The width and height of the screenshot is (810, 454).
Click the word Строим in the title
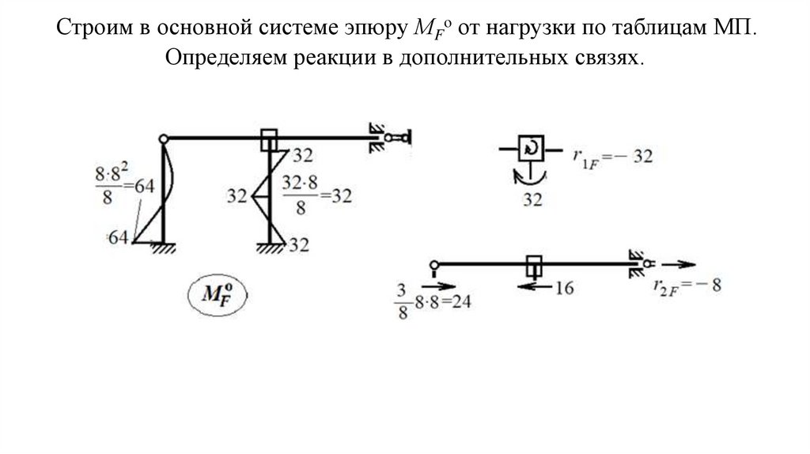coord(94,29)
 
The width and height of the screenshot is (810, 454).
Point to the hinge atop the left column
coord(164,139)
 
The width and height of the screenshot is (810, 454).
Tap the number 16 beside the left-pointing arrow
coord(563,287)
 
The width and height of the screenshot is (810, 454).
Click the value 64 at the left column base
coord(119,237)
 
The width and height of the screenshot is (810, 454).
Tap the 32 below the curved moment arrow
coord(532,200)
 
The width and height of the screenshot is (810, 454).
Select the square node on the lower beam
coord(535,264)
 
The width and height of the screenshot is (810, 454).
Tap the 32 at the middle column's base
coord(298,244)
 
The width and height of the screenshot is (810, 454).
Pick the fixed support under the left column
coord(164,248)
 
